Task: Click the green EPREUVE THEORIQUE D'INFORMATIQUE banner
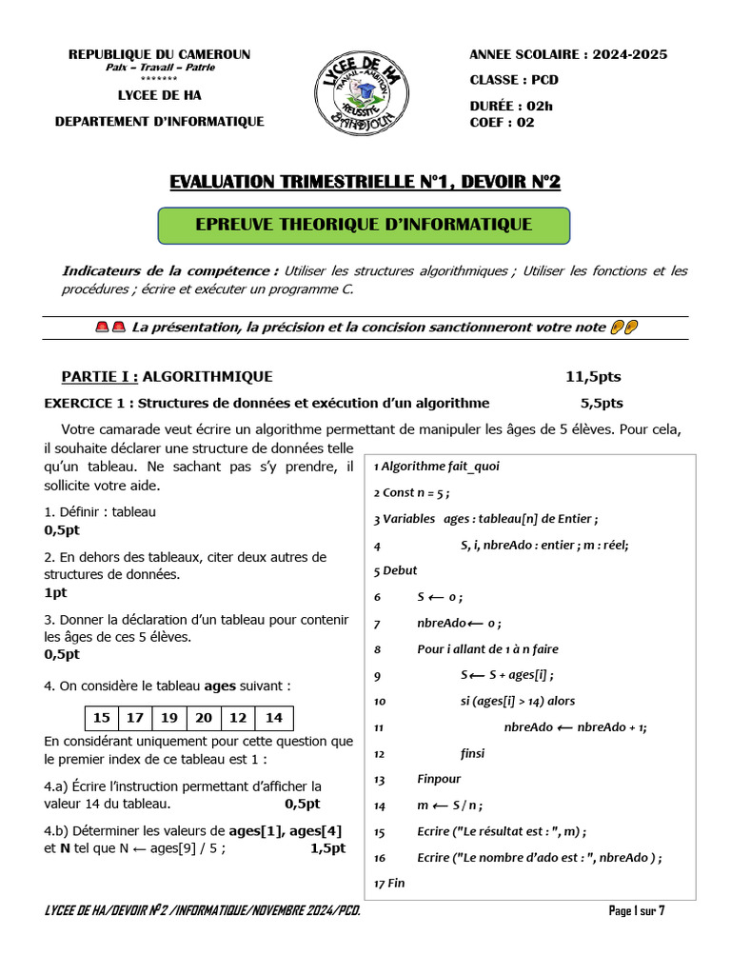click(363, 225)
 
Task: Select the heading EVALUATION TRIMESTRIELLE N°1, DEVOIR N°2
click(364, 181)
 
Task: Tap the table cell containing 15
click(102, 718)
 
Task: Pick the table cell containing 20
click(204, 718)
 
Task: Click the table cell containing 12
click(238, 718)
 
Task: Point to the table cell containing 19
click(169, 718)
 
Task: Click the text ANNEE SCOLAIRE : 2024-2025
click(568, 54)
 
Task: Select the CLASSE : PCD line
click(514, 80)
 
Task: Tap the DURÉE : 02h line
click(510, 106)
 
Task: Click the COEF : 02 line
click(502, 122)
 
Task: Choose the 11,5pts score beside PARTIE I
click(593, 377)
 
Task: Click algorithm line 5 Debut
click(396, 571)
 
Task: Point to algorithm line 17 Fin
click(389, 883)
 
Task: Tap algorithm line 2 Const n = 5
click(411, 493)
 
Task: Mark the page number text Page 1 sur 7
click(637, 911)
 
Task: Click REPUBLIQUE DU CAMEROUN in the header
click(159, 54)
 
